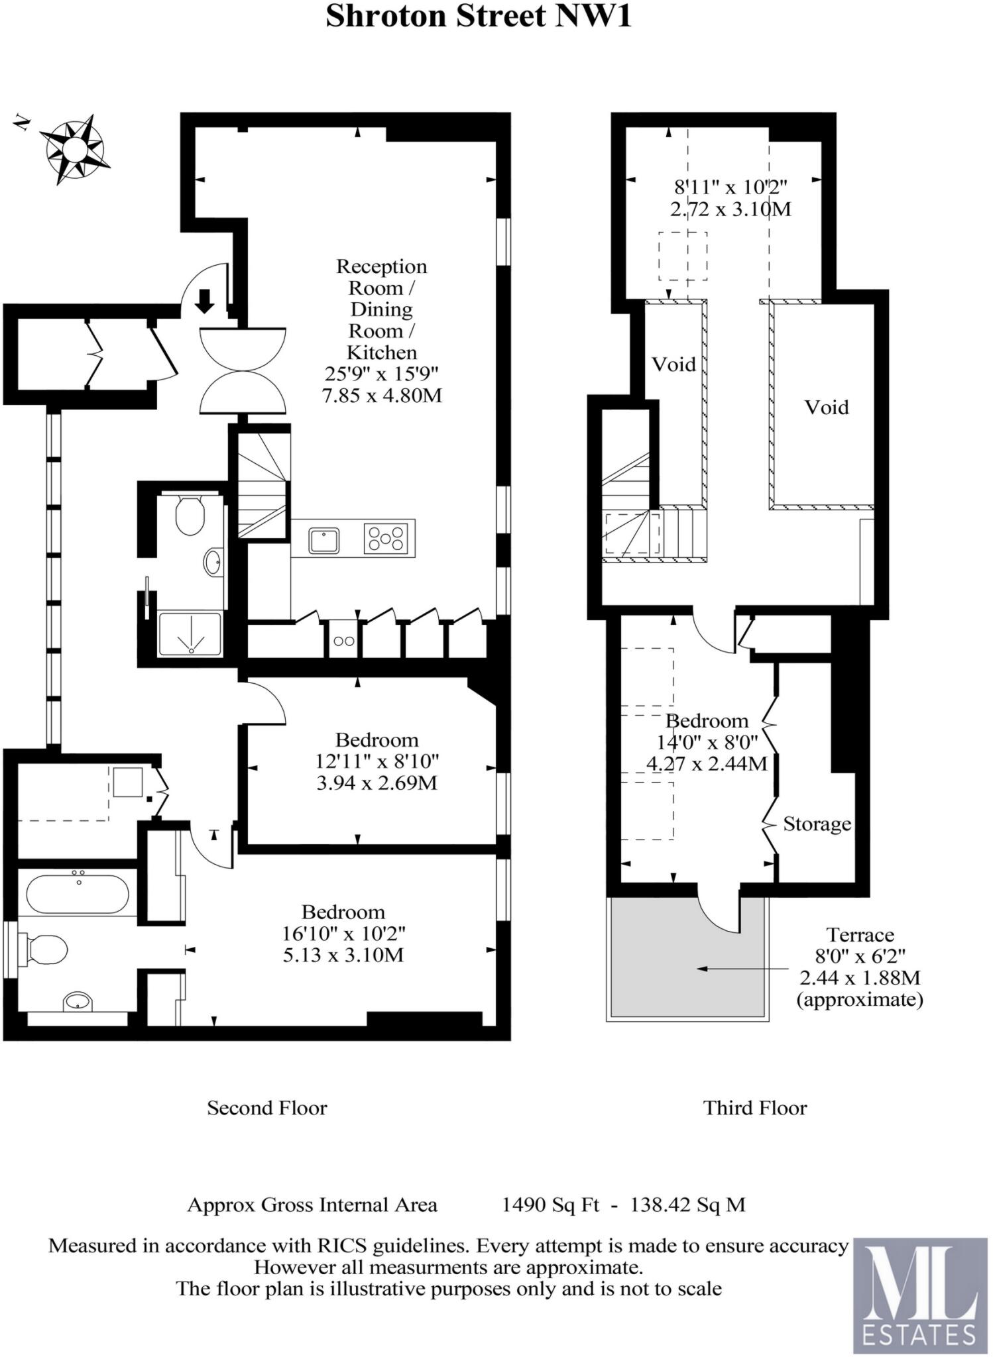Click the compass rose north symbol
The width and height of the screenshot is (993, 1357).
click(x=74, y=149)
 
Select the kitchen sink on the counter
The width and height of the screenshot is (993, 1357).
click(x=323, y=541)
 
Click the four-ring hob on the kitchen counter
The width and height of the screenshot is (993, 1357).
click(x=385, y=538)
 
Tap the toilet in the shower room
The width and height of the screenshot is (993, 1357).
click(x=190, y=516)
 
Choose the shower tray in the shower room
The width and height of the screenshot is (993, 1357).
click(x=190, y=634)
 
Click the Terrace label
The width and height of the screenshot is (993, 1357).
click(x=860, y=935)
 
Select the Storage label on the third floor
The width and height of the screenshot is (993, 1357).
click(x=817, y=824)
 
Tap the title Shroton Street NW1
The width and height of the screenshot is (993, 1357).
click(x=478, y=17)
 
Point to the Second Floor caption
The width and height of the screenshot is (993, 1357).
click(x=267, y=1108)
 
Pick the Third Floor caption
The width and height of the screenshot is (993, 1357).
click(x=755, y=1108)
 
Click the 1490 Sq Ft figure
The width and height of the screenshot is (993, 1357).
click(x=550, y=1205)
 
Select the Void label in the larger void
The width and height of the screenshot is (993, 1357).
click(x=827, y=407)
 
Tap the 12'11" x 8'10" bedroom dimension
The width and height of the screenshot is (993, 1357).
click(x=377, y=761)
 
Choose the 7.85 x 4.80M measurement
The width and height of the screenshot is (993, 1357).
click(x=382, y=396)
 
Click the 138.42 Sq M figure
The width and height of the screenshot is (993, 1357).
click(x=687, y=1205)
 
